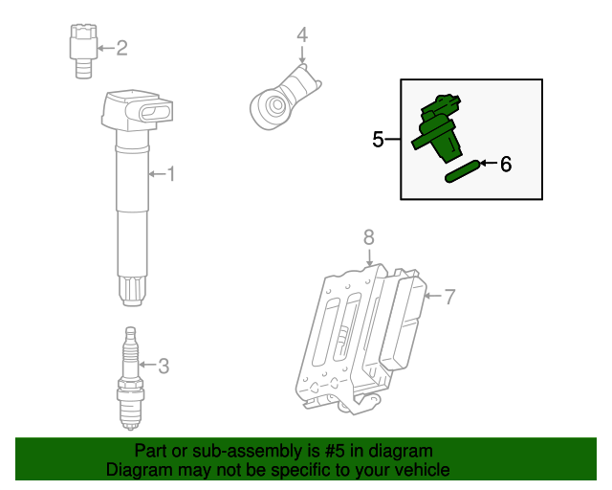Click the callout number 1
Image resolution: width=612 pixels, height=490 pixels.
pos(171,174)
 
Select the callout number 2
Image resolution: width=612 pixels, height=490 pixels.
pos(121,47)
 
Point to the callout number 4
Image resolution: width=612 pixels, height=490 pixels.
pos(302,35)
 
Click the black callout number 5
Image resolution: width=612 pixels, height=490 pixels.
pos(379,140)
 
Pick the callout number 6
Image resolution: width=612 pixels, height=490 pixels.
pos(506,164)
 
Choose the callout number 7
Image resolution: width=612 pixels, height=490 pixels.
pos(449,296)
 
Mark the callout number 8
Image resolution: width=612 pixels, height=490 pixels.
pos(369,237)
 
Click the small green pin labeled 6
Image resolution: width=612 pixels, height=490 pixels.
pos(461,171)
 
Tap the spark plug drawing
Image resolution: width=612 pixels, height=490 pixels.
pos(130,378)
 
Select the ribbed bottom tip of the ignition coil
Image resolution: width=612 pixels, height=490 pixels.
pos(132,290)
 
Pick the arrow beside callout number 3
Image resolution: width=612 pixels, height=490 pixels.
pos(146,365)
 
